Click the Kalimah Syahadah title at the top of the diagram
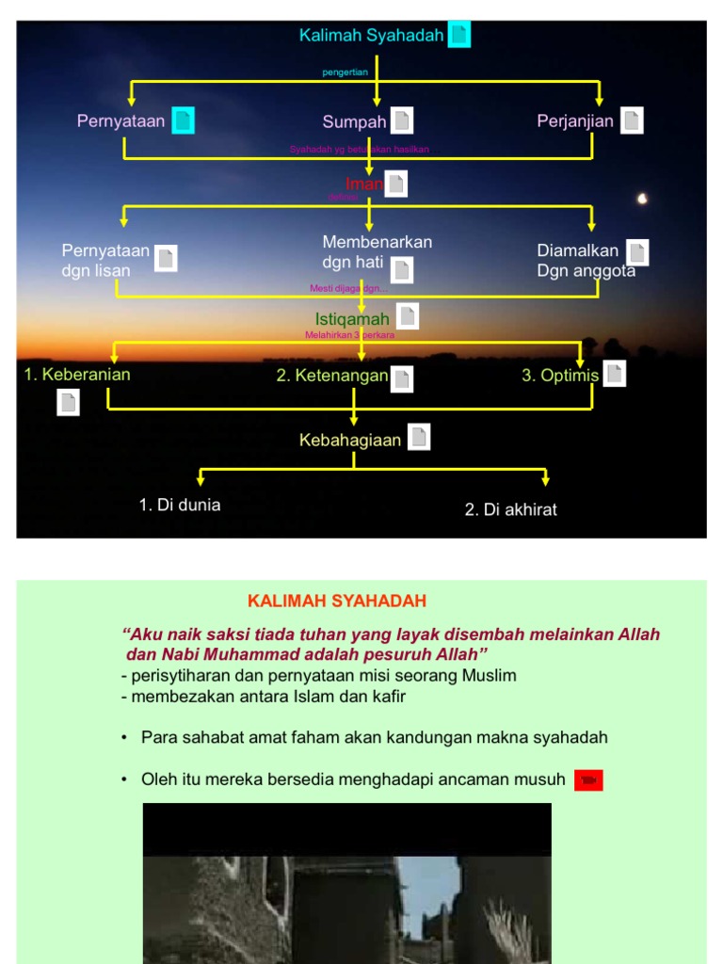click(x=371, y=36)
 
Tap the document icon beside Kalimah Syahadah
click(x=458, y=36)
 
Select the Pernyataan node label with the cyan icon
click(x=121, y=120)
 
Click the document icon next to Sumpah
click(x=402, y=120)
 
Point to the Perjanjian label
click(x=575, y=120)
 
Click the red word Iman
click(x=363, y=185)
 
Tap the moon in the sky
click(x=643, y=199)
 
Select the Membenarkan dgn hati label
click(x=377, y=252)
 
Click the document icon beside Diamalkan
click(x=637, y=252)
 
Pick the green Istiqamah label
click(x=352, y=319)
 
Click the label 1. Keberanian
click(x=77, y=375)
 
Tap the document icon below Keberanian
click(x=68, y=403)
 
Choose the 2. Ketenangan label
click(x=331, y=377)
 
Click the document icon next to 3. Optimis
click(x=614, y=374)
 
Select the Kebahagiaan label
click(x=350, y=440)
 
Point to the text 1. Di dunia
click(x=180, y=505)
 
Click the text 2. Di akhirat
click(x=510, y=509)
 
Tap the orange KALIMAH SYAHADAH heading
click(x=337, y=601)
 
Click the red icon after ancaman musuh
click(x=588, y=779)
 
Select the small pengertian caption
click(x=345, y=72)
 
